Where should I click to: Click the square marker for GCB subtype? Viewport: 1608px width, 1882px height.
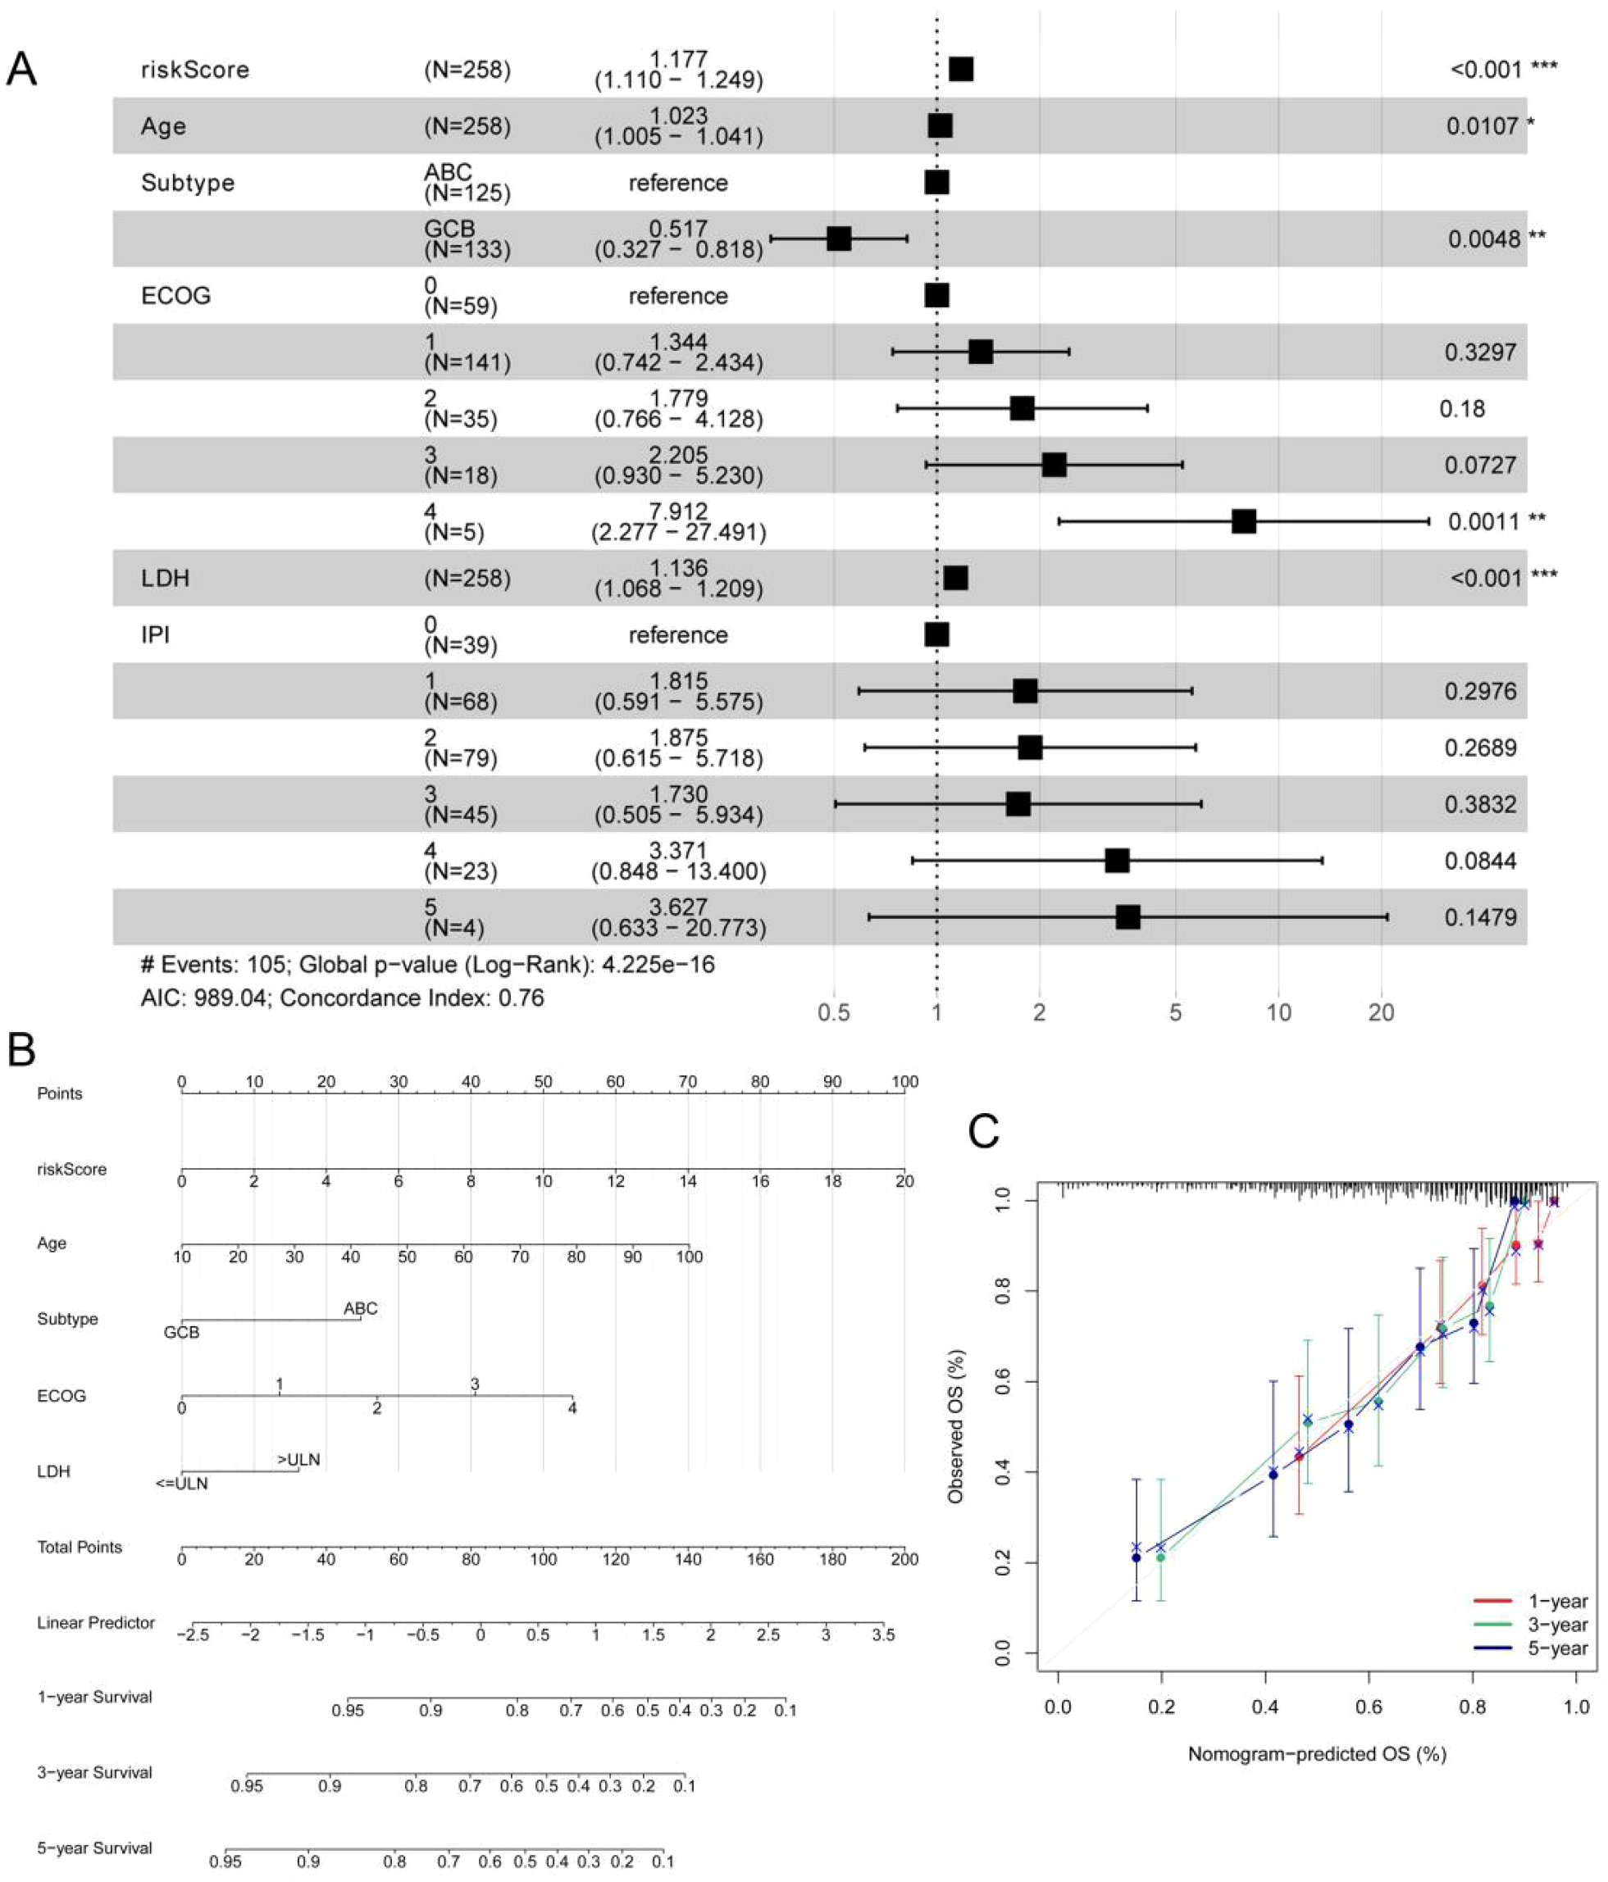[839, 239]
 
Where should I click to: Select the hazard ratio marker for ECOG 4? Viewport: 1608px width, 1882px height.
[1244, 521]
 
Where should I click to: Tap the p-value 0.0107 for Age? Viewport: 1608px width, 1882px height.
[1482, 126]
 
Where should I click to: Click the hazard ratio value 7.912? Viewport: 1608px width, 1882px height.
[679, 511]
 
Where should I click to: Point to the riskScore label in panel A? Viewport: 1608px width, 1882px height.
[194, 70]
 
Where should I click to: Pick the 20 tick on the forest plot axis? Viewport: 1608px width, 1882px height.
[1381, 1011]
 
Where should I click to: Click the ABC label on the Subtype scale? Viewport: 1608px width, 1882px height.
[361, 1308]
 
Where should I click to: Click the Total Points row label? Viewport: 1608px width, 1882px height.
[79, 1547]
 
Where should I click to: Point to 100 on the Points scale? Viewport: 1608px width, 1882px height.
[904, 1082]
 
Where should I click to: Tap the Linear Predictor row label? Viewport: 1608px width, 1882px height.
[95, 1622]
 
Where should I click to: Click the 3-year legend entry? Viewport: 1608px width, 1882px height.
[1557, 1625]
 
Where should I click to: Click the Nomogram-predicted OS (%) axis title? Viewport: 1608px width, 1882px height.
[1316, 1754]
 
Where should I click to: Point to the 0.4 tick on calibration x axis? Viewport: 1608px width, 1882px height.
[1264, 1707]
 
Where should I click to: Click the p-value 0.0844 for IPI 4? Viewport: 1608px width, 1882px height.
[1480, 861]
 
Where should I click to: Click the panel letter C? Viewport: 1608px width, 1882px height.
[984, 1132]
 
